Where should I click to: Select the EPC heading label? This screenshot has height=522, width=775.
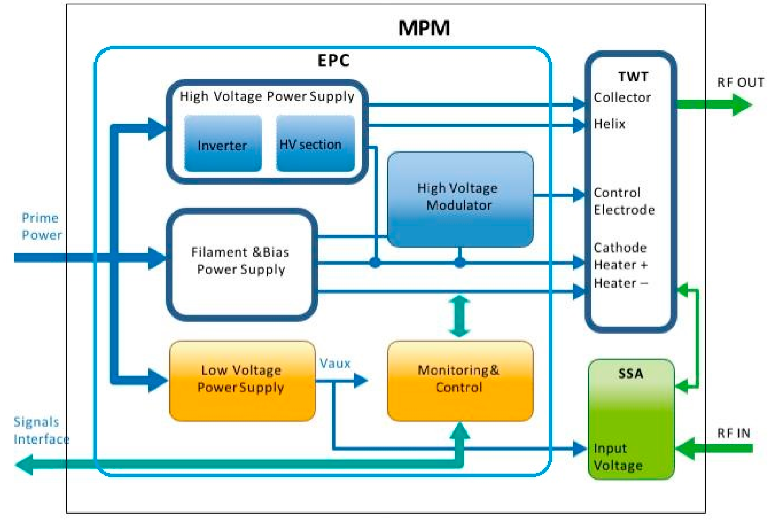point(333,61)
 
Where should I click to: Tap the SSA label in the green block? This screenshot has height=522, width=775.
point(631,374)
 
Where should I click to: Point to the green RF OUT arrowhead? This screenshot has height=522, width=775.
point(742,104)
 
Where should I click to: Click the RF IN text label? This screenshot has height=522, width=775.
point(733,433)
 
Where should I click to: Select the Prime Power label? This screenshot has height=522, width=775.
point(41,226)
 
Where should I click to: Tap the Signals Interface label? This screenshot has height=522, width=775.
point(41,430)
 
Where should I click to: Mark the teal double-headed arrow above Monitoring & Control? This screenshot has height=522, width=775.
point(460,316)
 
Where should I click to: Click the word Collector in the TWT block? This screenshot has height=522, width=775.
point(621,98)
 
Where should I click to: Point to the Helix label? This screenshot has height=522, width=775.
point(609,124)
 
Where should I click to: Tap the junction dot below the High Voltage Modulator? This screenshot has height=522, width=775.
point(460,262)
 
